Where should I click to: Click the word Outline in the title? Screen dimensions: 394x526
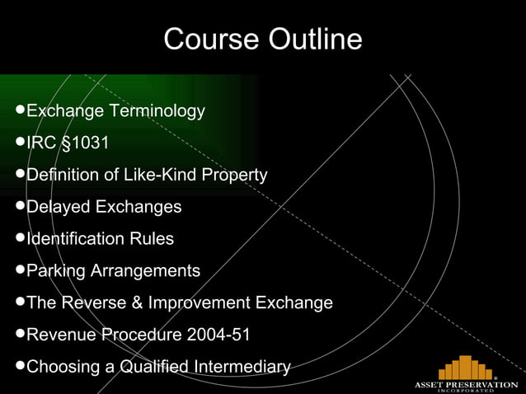pos(312,39)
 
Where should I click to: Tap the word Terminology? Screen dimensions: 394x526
pos(157,110)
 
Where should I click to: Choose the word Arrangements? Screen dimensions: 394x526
pos(147,270)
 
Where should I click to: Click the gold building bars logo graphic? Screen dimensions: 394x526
pos(466,368)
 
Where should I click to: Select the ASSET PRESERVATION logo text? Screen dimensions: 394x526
pos(466,385)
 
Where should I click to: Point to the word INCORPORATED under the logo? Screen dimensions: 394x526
pos(466,392)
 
